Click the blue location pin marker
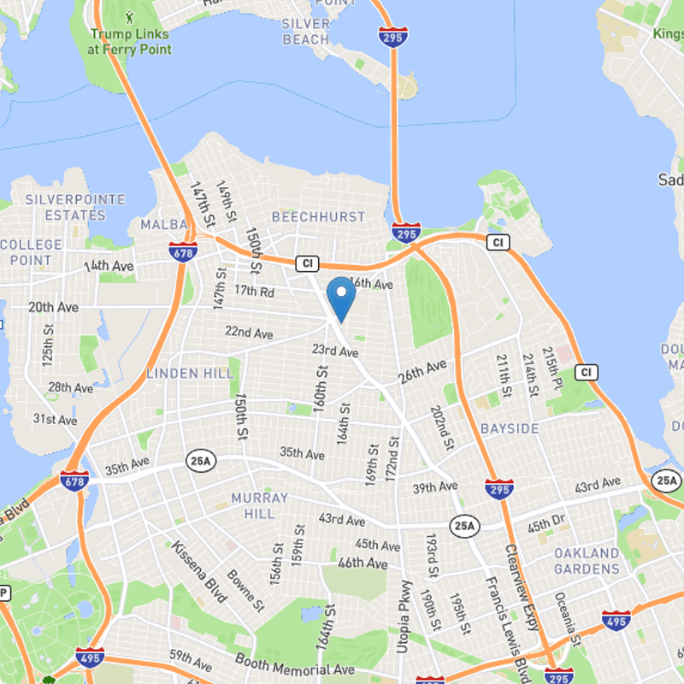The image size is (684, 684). pos(341,296)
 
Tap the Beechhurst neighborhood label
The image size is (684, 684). pos(318,217)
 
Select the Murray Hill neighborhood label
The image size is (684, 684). pos(260,505)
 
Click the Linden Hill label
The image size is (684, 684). pos(190,374)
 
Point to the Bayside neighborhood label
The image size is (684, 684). pos(510,427)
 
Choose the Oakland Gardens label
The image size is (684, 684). pos(587,561)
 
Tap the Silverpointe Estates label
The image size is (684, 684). pos(75,207)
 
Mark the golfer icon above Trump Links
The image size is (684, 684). pos(130,16)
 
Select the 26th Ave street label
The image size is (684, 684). pos(422,371)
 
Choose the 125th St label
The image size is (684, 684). pos(49,341)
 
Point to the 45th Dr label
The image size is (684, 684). pos(546,521)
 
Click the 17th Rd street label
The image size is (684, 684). pos(255,292)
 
